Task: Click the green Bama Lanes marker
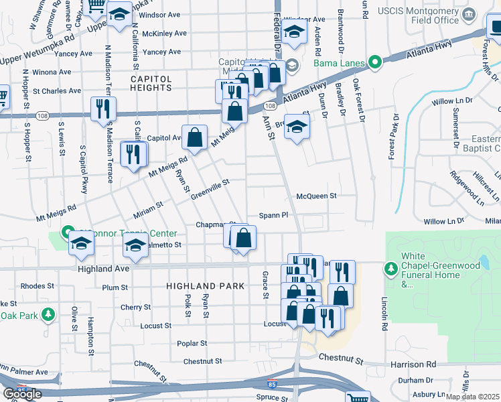point(374,64)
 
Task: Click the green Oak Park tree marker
point(48,314)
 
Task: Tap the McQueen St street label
point(315,196)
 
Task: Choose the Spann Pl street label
point(273,216)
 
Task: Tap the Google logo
point(22,394)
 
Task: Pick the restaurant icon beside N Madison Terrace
point(103,109)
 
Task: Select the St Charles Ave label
point(57,90)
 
